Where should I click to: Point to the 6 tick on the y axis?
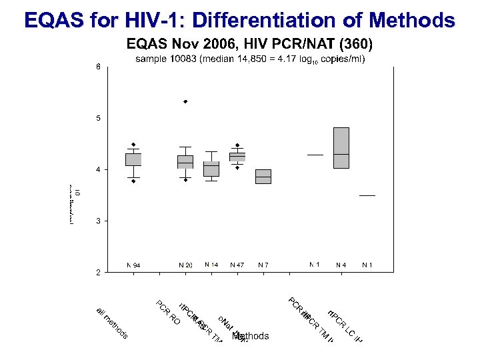(97, 67)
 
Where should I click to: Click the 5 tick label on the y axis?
(97, 119)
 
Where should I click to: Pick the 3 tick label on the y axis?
(97, 221)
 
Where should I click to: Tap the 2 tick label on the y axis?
(97, 272)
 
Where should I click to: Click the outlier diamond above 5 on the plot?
(185, 101)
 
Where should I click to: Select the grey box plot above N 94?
(133, 159)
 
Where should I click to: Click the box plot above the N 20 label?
(185, 162)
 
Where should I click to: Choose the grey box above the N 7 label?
(263, 177)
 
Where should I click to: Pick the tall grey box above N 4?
(341, 148)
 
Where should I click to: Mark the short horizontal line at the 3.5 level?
(367, 195)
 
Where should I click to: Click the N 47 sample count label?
(237, 265)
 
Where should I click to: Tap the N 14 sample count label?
(211, 265)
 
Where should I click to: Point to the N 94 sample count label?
(133, 265)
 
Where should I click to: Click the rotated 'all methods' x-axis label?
(112, 323)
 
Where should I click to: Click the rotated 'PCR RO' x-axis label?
(168, 313)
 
